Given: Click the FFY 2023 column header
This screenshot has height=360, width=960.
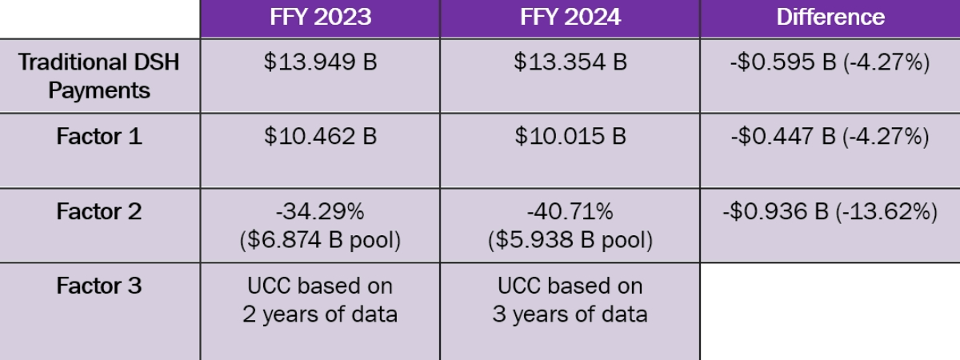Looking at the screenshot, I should pos(319,18).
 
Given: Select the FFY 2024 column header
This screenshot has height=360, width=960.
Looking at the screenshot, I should pos(570,18).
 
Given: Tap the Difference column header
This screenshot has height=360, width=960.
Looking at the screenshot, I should pos(830,18).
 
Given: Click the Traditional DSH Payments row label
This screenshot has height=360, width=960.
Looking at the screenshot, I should pos(99,76).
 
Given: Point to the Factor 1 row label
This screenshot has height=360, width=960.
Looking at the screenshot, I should pos(99,137).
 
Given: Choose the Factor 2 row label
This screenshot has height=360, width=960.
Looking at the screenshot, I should pos(99,212).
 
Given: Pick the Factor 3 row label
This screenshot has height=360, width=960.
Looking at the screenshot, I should pos(99,286).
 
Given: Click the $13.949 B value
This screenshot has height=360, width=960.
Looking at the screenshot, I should pos(319,62).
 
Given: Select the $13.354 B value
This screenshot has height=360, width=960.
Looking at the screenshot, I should pos(570,62).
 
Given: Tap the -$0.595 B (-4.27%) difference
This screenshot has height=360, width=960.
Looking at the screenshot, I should pos(830,62).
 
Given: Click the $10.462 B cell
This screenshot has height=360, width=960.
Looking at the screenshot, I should pos(319,137).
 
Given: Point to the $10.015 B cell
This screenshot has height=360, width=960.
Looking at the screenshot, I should pos(570,137).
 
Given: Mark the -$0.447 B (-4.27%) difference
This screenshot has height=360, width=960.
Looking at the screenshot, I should pos(830,137).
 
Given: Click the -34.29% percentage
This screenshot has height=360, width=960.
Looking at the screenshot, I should pos(319,212).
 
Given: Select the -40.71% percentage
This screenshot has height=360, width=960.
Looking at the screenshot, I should pos(570,212).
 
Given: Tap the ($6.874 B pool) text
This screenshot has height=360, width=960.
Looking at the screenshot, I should pos(319,239).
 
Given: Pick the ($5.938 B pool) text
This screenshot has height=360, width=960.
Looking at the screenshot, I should pos(570,239).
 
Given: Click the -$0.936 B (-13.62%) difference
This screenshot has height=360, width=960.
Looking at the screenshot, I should pos(830,212).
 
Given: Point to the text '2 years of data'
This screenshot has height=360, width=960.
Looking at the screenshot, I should pos(319,314).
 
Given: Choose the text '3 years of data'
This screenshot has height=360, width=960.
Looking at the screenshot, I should pos(570,314).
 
